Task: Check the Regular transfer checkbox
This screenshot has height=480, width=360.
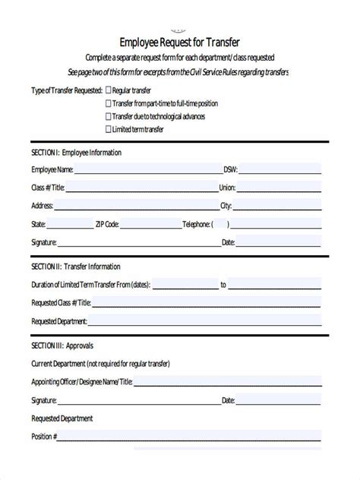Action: coord(107,90)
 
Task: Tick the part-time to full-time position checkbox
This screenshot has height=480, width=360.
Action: coord(107,103)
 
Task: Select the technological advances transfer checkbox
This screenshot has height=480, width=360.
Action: coord(107,116)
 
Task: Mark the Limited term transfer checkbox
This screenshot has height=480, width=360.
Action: coord(107,129)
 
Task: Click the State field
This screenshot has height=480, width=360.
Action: coord(69,224)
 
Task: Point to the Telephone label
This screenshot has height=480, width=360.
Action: coord(196,224)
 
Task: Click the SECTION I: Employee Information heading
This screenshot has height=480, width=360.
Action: coord(76,152)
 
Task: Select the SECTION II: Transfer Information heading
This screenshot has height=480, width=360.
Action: coord(75,267)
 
